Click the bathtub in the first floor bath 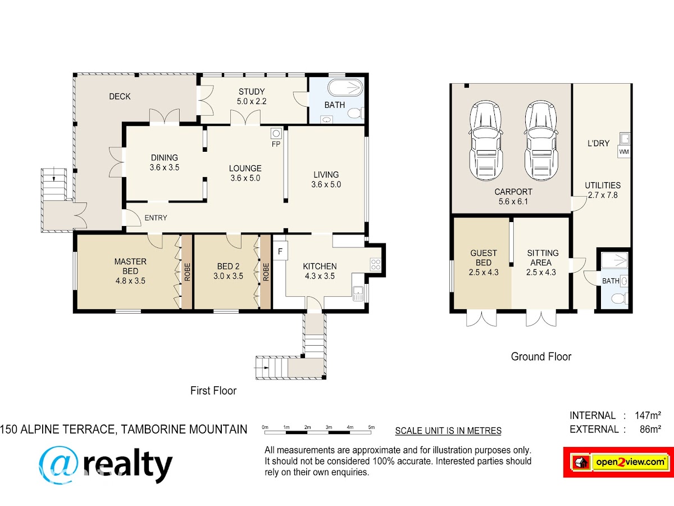click(345, 88)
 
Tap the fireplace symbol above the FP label click(276, 133)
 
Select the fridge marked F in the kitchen click(280, 251)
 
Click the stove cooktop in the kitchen click(376, 264)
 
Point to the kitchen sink click(358, 293)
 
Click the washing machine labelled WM click(623, 152)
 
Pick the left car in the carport click(486, 141)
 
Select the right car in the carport click(541, 141)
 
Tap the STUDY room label click(252, 92)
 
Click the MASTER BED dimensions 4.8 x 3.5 click(130, 281)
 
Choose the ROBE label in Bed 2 click(266, 272)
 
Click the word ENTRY click(156, 218)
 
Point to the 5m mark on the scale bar click(371, 427)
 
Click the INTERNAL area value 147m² click(648, 415)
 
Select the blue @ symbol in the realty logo click(59, 464)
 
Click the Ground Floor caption click(541, 356)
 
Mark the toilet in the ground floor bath click(620, 299)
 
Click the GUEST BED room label click(484, 257)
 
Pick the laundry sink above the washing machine click(625, 138)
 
